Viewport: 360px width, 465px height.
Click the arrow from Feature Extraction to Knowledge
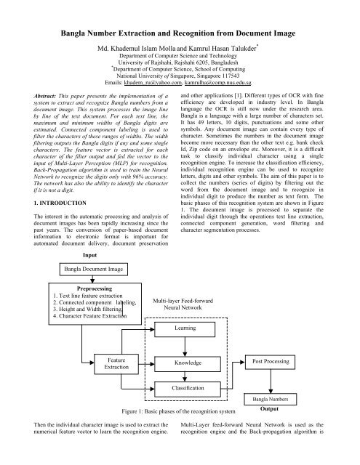click(x=147, y=362)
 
